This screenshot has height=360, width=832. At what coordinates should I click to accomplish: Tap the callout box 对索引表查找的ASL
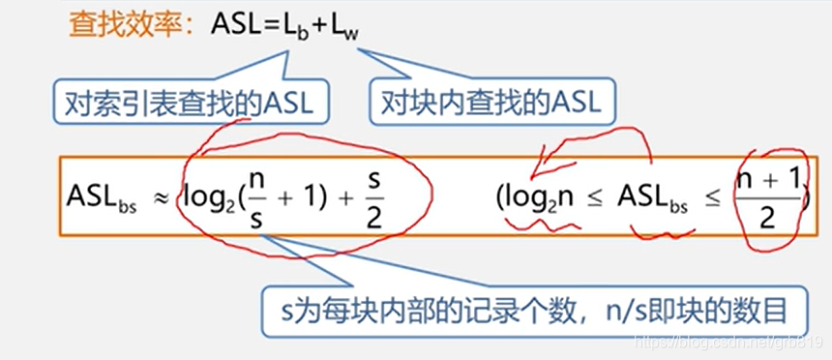[192, 102]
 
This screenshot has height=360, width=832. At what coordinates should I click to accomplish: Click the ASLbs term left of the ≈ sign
[101, 194]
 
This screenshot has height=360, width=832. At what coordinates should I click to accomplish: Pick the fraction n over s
[254, 194]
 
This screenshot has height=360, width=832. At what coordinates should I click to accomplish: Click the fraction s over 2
[372, 194]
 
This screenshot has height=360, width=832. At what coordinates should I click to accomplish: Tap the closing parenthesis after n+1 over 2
[807, 195]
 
